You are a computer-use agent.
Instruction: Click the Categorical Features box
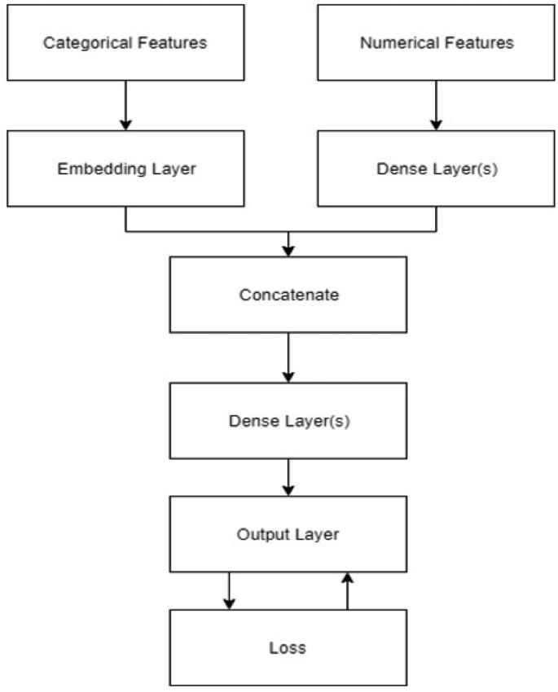125,42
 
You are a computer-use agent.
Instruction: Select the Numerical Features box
436,42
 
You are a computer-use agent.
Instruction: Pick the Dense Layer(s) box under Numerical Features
436,169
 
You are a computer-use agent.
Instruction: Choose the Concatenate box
288,295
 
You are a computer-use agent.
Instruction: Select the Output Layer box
288,535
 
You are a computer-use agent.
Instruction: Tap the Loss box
288,648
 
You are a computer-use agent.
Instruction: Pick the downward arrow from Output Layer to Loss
229,590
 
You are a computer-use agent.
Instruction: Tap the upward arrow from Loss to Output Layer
348,590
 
